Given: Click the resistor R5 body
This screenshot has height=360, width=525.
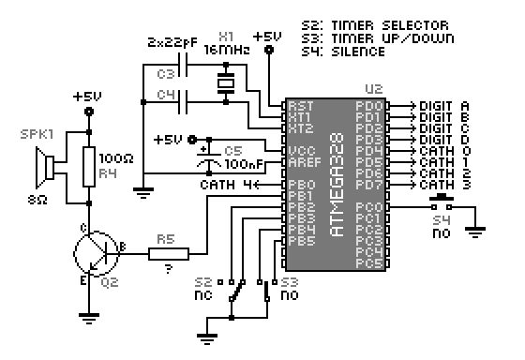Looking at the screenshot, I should pyautogui.click(x=169, y=252).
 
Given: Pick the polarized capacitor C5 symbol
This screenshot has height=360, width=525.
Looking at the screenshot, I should pyautogui.click(x=206, y=155).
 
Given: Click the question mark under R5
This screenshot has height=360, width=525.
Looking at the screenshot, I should pyautogui.click(x=168, y=270).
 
